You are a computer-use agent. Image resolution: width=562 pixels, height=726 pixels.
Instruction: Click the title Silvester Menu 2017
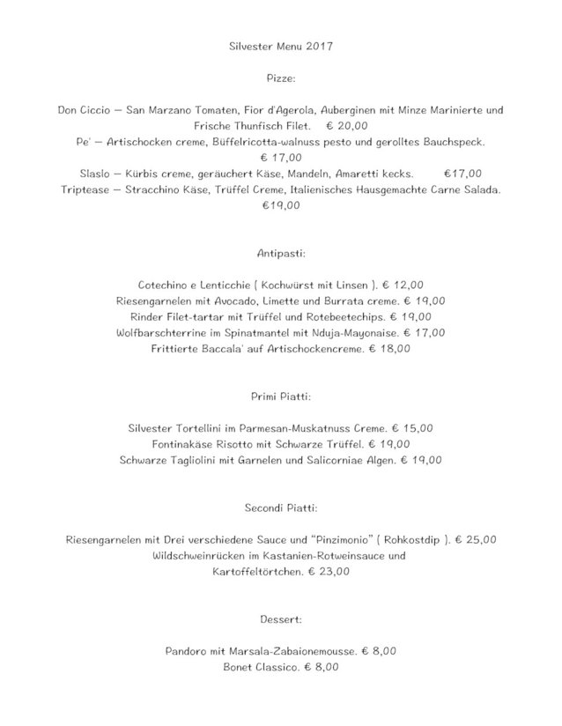point(281,42)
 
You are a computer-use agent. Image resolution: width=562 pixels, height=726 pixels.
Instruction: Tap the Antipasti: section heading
point(281,253)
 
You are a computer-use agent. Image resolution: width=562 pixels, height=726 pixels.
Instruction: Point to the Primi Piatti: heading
point(281,396)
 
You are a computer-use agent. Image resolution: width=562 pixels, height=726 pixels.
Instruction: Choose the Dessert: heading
point(281,619)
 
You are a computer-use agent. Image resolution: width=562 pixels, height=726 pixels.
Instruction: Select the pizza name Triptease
point(89,190)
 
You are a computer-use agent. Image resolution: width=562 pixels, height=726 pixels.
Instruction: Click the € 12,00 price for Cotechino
point(403,285)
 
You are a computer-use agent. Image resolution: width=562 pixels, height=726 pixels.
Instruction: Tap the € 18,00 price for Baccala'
point(390,349)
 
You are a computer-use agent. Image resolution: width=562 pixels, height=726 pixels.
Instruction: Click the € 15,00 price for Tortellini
point(412,428)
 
